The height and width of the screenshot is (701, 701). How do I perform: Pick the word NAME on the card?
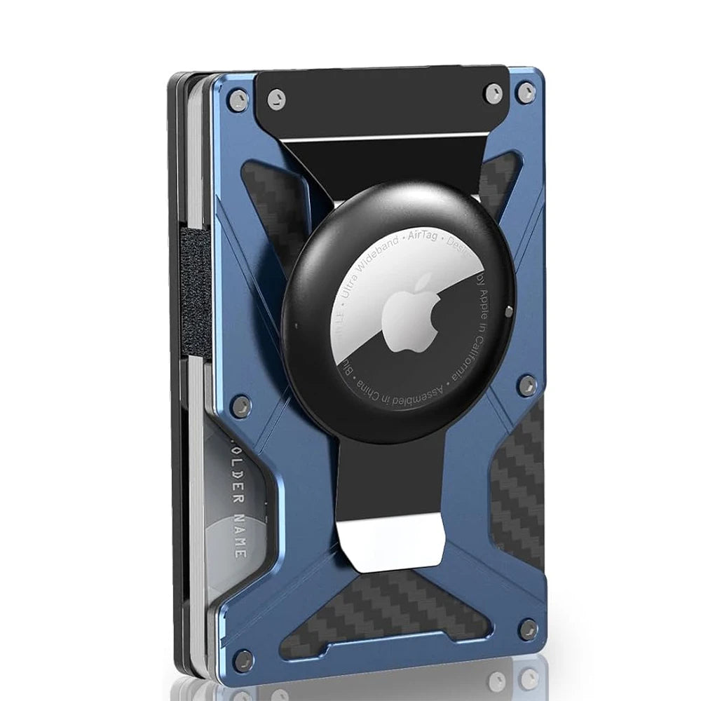(x=239, y=533)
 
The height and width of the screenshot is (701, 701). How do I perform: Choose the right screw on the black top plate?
(x=493, y=93)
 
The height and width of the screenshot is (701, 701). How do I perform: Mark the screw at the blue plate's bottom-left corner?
(x=243, y=658)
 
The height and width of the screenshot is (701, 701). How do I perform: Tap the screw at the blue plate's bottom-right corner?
(x=528, y=628)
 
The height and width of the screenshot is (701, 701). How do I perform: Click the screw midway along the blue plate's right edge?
(x=526, y=383)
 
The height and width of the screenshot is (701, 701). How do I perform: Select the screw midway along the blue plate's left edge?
(x=240, y=404)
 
